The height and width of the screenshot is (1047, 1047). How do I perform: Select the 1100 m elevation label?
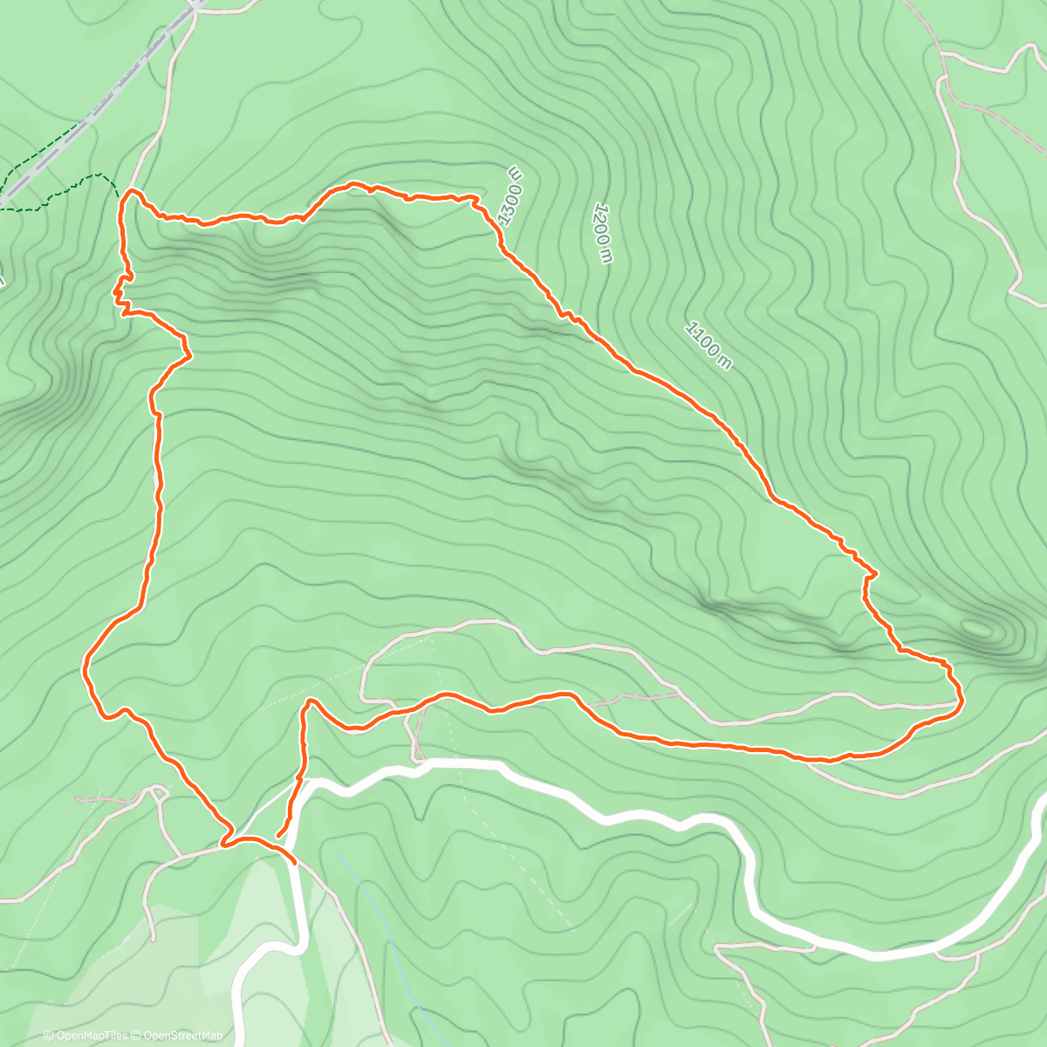tap(708, 346)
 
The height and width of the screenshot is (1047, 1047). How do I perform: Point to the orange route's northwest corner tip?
tap(131, 190)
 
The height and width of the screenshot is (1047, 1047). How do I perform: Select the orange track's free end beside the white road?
tap(278, 837)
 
